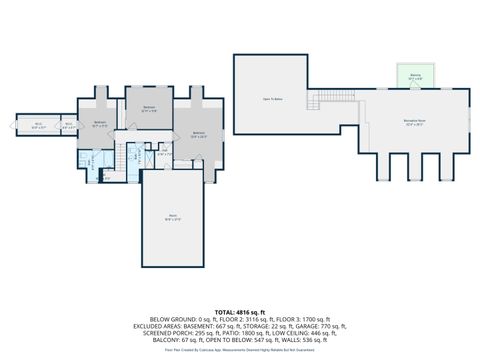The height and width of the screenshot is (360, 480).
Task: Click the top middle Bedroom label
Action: [149, 108]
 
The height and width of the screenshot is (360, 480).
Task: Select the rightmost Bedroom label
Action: [199, 134]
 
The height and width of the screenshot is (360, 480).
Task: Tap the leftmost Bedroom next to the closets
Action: [99, 126]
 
